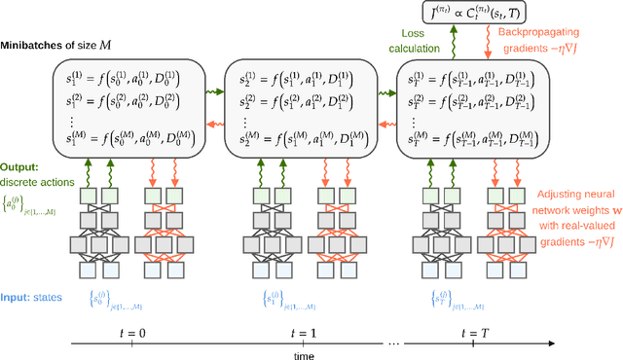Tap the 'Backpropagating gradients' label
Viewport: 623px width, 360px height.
point(552,40)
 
